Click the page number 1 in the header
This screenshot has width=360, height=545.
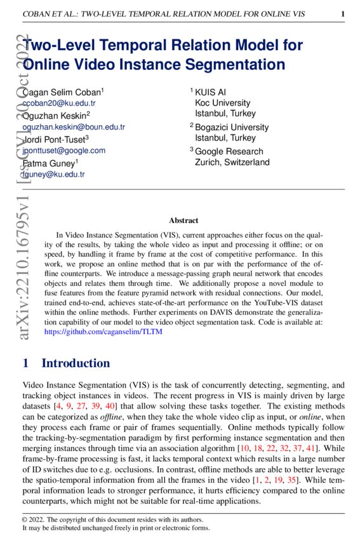343,14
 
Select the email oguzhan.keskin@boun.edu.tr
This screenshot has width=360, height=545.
74,126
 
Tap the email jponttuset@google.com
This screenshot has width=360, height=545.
63,151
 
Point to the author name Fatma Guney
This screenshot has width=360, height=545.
48,163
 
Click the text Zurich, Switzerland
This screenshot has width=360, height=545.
232,162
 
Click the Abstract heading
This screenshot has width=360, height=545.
183,220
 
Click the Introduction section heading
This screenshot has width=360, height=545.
75,363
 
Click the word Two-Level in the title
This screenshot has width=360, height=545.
63,46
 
